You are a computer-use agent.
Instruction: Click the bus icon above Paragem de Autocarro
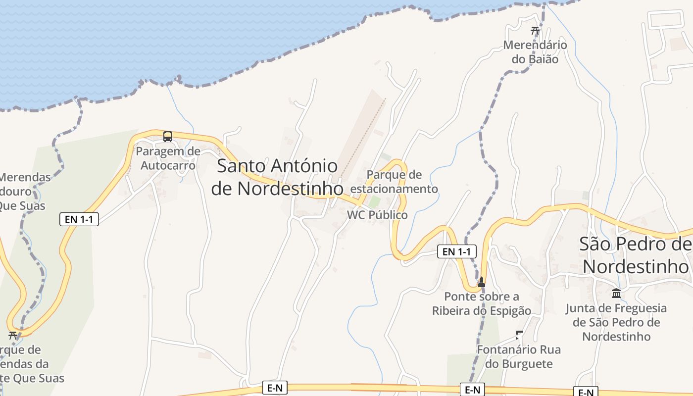[168, 136]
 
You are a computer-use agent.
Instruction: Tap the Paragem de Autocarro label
[168, 158]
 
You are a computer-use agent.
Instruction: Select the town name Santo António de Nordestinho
[277, 177]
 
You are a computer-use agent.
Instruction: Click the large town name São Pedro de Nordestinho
[636, 255]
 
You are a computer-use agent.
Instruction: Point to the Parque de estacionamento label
[394, 182]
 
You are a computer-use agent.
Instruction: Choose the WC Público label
[377, 215]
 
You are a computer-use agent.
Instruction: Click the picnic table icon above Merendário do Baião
[535, 30]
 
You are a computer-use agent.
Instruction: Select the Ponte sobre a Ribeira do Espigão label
[482, 303]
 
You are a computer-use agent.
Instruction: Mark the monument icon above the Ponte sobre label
[481, 282]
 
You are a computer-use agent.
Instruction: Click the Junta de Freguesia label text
[616, 322]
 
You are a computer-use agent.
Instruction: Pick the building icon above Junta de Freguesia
[616, 293]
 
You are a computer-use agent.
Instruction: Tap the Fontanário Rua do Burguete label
[519, 356]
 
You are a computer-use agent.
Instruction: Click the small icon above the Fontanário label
[519, 335]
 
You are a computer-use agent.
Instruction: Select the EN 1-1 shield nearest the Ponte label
[456, 251]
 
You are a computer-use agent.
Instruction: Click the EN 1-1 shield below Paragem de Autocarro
[79, 219]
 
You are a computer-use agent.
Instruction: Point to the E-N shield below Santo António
[275, 388]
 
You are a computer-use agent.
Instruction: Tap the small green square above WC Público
[375, 201]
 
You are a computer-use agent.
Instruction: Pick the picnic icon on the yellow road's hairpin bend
[13, 335]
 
